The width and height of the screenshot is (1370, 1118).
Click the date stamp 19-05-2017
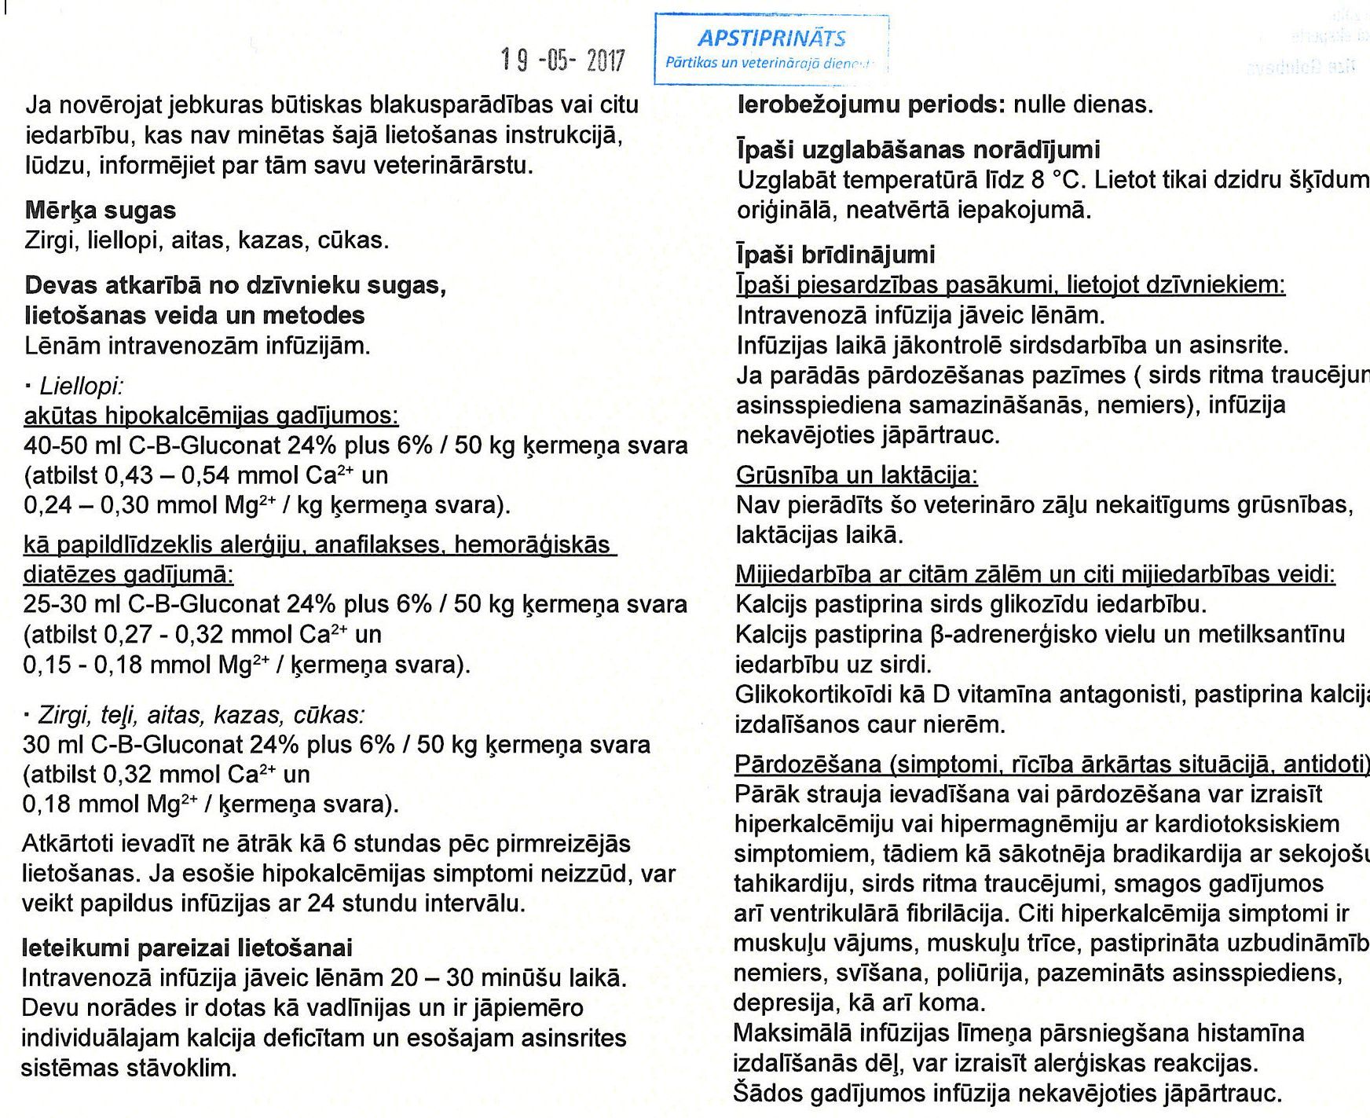tap(562, 60)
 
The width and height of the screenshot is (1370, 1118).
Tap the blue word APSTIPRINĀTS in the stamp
tap(771, 38)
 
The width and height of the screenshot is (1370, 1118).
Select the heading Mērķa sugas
tap(101, 211)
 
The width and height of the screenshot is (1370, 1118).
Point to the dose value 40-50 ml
tap(72, 445)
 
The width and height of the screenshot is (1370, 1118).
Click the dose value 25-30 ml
tap(72, 604)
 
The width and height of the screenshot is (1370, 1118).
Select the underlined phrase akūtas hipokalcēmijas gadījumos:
tap(211, 416)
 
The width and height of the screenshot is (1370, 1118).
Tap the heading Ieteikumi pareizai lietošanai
tap(187, 948)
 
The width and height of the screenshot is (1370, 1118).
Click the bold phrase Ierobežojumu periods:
tap(871, 104)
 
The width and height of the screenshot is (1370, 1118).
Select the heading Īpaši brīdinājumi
tap(836, 255)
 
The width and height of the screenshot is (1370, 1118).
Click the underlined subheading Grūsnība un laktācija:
tap(857, 475)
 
